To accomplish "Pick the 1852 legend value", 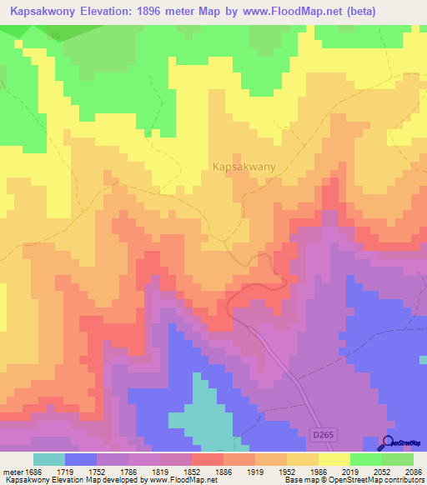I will (x=191, y=472).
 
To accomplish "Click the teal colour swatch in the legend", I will (x=48, y=459).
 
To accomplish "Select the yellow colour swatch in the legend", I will (x=334, y=459).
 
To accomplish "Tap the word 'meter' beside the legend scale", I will (x=11, y=472).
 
